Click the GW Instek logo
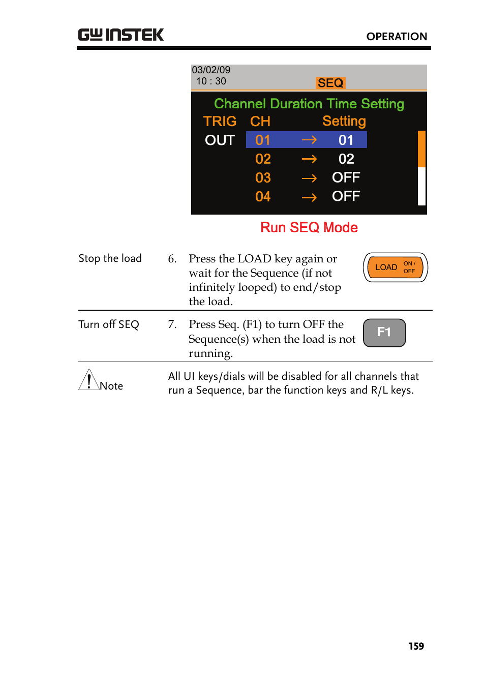click(120, 35)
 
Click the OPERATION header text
click(397, 37)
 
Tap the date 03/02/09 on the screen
click(211, 70)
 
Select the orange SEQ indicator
click(330, 83)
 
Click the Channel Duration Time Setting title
click(309, 104)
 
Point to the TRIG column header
click(220, 122)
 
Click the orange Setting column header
click(344, 122)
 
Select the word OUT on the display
click(220, 140)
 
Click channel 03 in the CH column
click(263, 178)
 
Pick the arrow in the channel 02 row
click(309, 159)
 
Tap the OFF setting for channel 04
click(346, 196)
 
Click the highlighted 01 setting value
click(346, 140)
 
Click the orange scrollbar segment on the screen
click(421, 148)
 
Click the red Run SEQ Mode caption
click(309, 227)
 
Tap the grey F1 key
click(384, 333)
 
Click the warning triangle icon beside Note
click(88, 380)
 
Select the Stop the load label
click(110, 258)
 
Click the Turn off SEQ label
click(108, 324)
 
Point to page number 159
click(416, 646)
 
